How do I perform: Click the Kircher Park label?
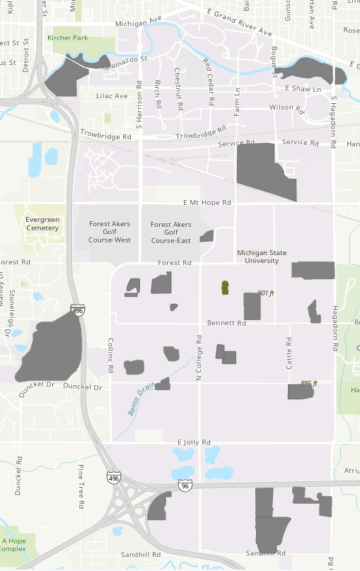[68, 37]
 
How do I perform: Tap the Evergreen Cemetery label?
[42, 223]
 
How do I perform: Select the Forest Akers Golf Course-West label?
[110, 232]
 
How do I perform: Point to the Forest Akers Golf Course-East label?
[170, 232]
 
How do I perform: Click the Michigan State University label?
[263, 256]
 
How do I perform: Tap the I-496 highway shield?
[113, 478]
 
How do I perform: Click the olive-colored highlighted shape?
[226, 287]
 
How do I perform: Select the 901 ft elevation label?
[265, 293]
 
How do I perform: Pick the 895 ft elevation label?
[309, 383]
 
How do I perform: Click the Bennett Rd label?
[226, 323]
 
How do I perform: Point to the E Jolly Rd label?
[194, 442]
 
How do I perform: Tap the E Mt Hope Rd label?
[207, 202]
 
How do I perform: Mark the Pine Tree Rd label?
[81, 485]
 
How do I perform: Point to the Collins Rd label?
[110, 355]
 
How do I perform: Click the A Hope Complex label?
[13, 544]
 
